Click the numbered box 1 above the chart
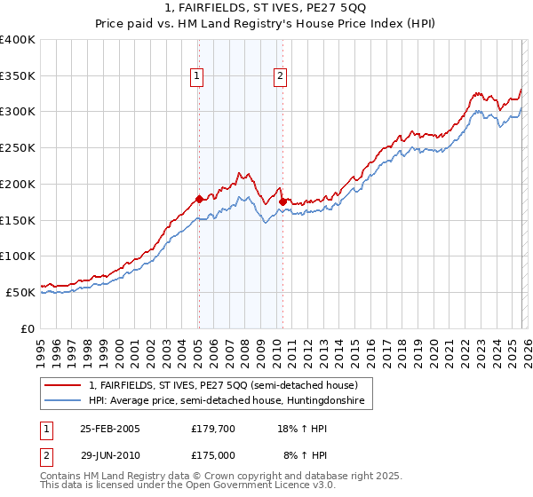point(196,77)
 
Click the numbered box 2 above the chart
point(280,77)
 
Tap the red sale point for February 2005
point(199,199)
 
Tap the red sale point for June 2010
point(282,202)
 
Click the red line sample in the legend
point(63,386)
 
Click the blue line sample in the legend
point(63,401)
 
